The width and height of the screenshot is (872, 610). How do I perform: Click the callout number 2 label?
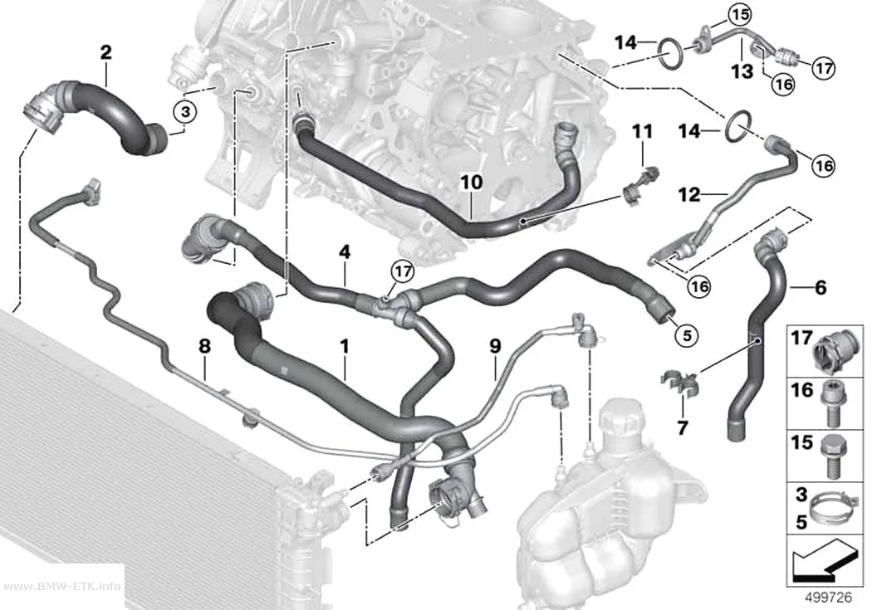pyautogui.click(x=105, y=52)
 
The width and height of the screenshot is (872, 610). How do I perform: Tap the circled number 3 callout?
pyautogui.click(x=185, y=112)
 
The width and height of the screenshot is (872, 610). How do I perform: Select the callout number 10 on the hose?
pyautogui.click(x=472, y=183)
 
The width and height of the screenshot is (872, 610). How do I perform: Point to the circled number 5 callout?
pyautogui.click(x=687, y=335)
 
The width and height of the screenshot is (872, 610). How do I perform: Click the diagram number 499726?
pyautogui.click(x=829, y=598)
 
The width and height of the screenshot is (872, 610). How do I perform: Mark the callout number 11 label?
pyautogui.click(x=642, y=132)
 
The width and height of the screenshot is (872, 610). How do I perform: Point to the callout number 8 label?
pyautogui.click(x=204, y=346)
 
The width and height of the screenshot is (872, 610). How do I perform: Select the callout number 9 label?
pyautogui.click(x=495, y=346)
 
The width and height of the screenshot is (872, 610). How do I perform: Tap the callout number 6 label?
pyautogui.click(x=821, y=287)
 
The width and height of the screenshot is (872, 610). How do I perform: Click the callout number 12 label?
pyautogui.click(x=689, y=194)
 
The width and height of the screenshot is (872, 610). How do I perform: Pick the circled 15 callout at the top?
pyautogui.click(x=740, y=14)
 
